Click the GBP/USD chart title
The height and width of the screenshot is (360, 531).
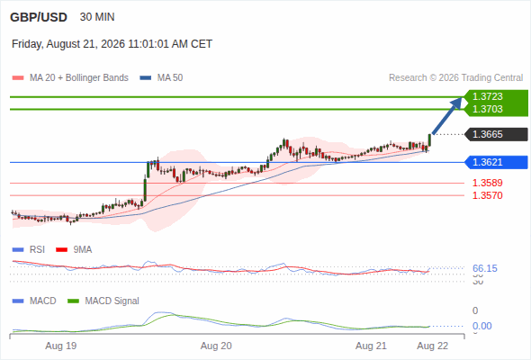coord(39,17)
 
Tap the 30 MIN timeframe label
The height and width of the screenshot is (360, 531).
coord(97,17)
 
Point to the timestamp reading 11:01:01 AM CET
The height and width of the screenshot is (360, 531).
coord(170,44)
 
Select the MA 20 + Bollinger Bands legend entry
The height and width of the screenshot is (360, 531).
coord(70,78)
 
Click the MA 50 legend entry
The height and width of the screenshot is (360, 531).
coord(161,78)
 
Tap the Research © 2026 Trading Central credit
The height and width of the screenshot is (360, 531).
coord(455,78)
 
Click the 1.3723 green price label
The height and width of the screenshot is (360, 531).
coord(487,96)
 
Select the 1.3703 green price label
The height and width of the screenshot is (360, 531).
coord(487,109)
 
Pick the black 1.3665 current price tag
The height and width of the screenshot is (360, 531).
coord(496,134)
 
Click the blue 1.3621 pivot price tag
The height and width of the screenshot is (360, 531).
coord(496,162)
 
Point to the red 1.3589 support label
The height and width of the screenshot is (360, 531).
coord(487,183)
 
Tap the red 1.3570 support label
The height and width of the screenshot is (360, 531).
coord(487,195)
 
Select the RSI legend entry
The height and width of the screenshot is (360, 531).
coord(28,249)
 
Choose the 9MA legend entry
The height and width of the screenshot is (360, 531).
coord(74,249)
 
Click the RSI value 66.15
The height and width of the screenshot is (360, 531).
coord(485,268)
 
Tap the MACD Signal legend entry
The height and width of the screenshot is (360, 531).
coord(103,301)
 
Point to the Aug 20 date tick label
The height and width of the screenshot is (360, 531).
coord(216,346)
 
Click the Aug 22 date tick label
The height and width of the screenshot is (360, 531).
coord(433,346)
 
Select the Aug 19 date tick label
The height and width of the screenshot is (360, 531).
coord(61,346)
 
